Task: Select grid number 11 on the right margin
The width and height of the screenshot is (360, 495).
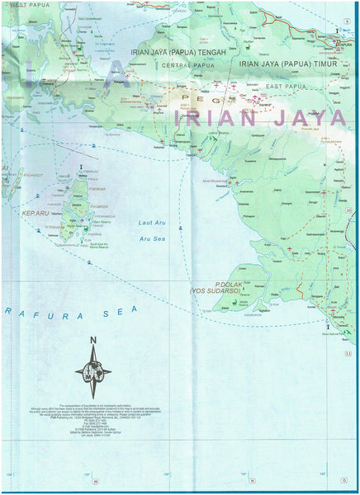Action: point(348,354)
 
